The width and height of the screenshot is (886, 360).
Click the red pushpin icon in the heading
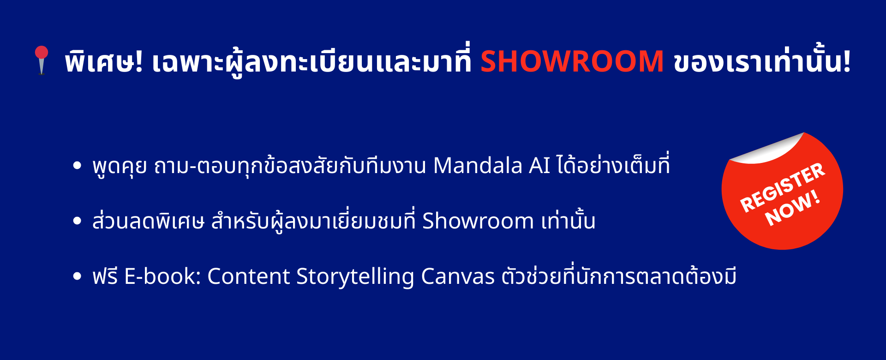coord(42,60)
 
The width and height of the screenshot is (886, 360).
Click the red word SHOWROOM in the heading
coord(572,61)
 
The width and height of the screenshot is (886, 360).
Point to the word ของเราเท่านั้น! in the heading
coord(762,60)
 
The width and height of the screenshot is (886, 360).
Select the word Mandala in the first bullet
coord(478,165)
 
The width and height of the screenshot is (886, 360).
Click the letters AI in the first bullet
coord(539,166)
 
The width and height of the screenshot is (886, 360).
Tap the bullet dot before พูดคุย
coord(77,166)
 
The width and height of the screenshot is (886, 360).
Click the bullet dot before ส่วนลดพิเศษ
coord(77,221)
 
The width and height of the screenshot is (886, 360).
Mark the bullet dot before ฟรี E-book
coord(77,276)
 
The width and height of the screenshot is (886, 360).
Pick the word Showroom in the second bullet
coord(478,221)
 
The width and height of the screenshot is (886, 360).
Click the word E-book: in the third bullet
coord(162,276)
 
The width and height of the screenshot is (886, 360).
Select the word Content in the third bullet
coord(248,276)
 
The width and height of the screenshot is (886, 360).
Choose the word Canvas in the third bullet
coord(458,276)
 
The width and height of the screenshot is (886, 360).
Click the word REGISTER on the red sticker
coord(782,187)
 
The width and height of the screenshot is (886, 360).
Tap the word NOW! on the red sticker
coord(792,208)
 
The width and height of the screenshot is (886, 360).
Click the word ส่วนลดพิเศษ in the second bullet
coord(148,221)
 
